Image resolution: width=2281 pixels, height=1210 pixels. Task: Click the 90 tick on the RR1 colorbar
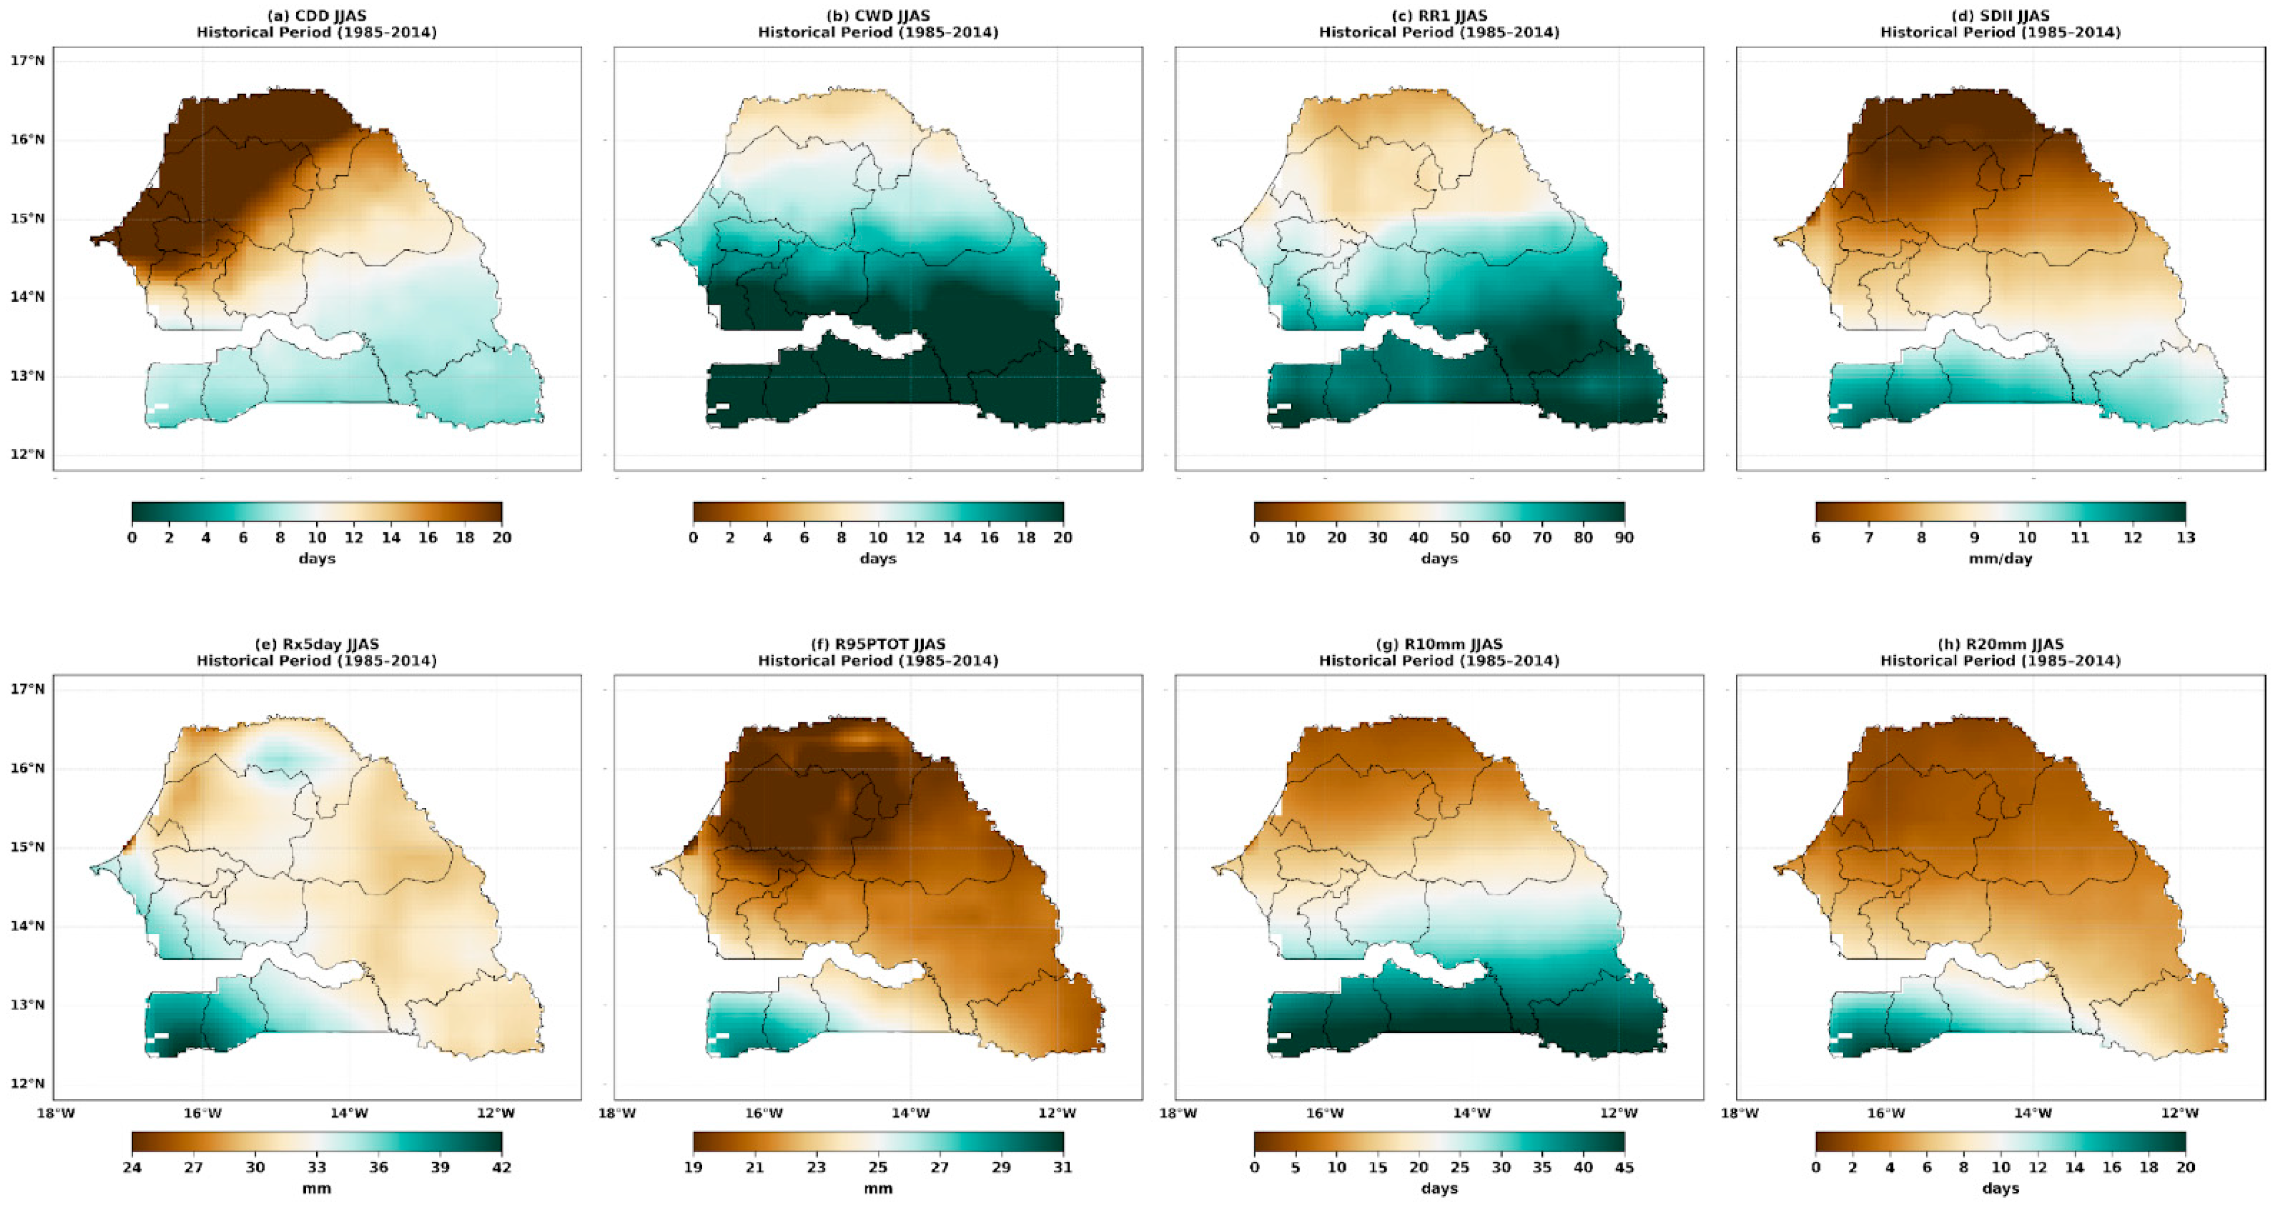pyautogui.click(x=1624, y=538)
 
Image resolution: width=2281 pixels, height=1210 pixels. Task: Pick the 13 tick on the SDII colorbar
pyautogui.click(x=2185, y=538)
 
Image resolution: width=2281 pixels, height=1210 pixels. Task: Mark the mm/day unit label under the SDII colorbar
pyautogui.click(x=2000, y=559)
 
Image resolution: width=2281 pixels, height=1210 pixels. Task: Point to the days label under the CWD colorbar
pyautogui.click(x=878, y=559)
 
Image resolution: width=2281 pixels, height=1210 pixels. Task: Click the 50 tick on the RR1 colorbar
pyautogui.click(x=1459, y=538)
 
